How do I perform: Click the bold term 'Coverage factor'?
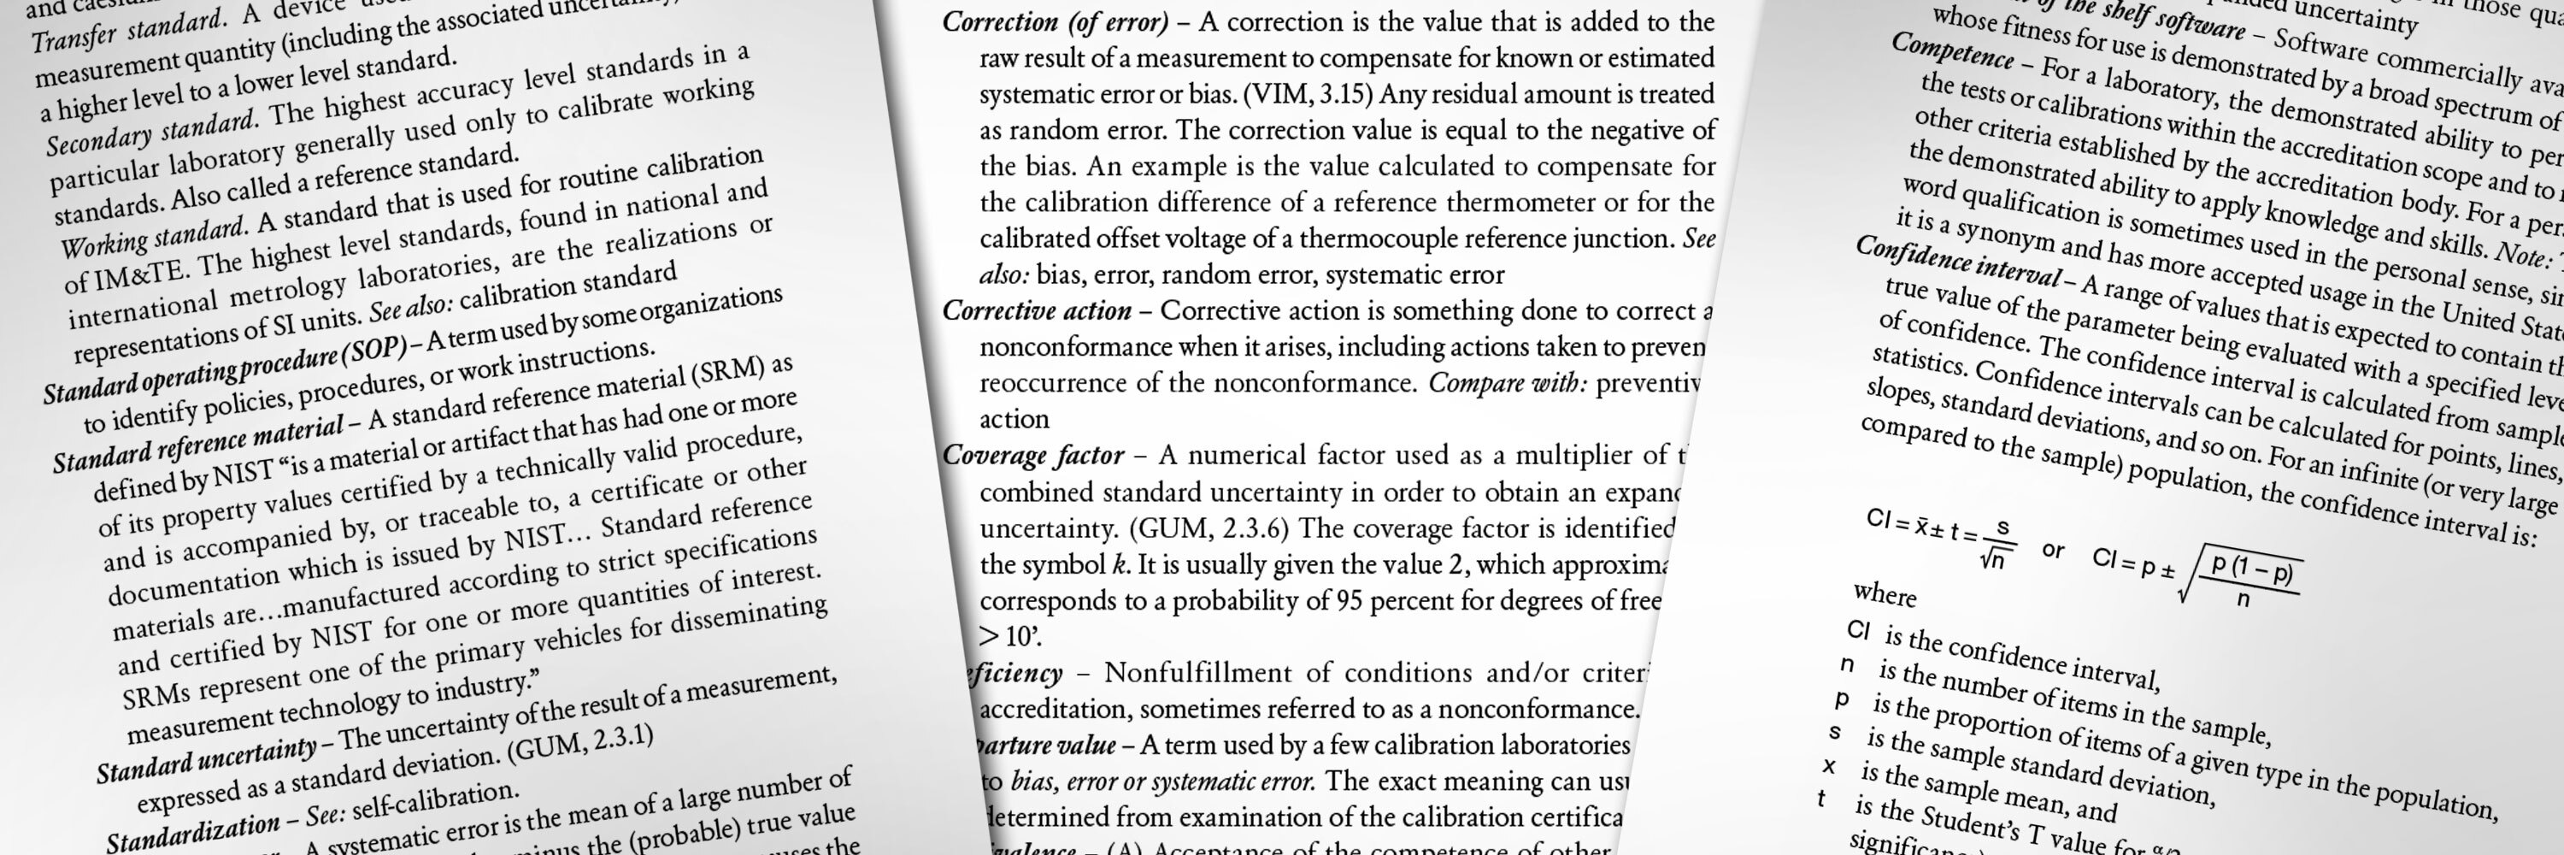click(x=1032, y=456)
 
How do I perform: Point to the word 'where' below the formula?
click(x=1885, y=595)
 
